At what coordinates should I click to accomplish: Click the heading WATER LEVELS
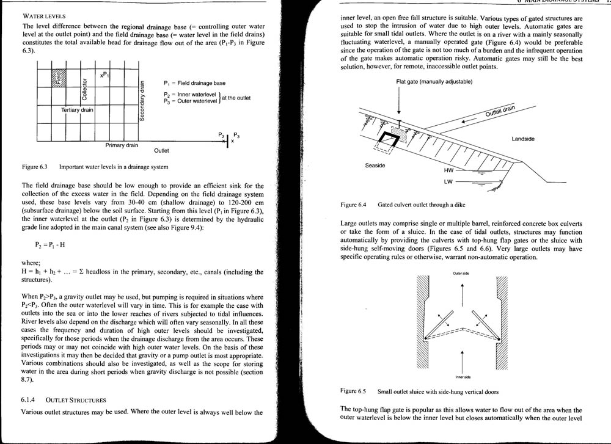point(44,15)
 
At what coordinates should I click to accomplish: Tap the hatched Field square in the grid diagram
point(60,78)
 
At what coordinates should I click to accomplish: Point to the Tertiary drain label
point(78,110)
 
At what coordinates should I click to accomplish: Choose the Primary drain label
point(122,145)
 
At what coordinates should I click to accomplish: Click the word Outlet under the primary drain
point(162,150)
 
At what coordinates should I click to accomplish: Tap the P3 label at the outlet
point(236,134)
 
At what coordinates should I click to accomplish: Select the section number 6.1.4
point(30,400)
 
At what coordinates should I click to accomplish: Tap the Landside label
point(523,139)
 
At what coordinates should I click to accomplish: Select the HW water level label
point(448,172)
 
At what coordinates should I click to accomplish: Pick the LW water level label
point(448,182)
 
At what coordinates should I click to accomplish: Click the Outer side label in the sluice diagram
point(461,274)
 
